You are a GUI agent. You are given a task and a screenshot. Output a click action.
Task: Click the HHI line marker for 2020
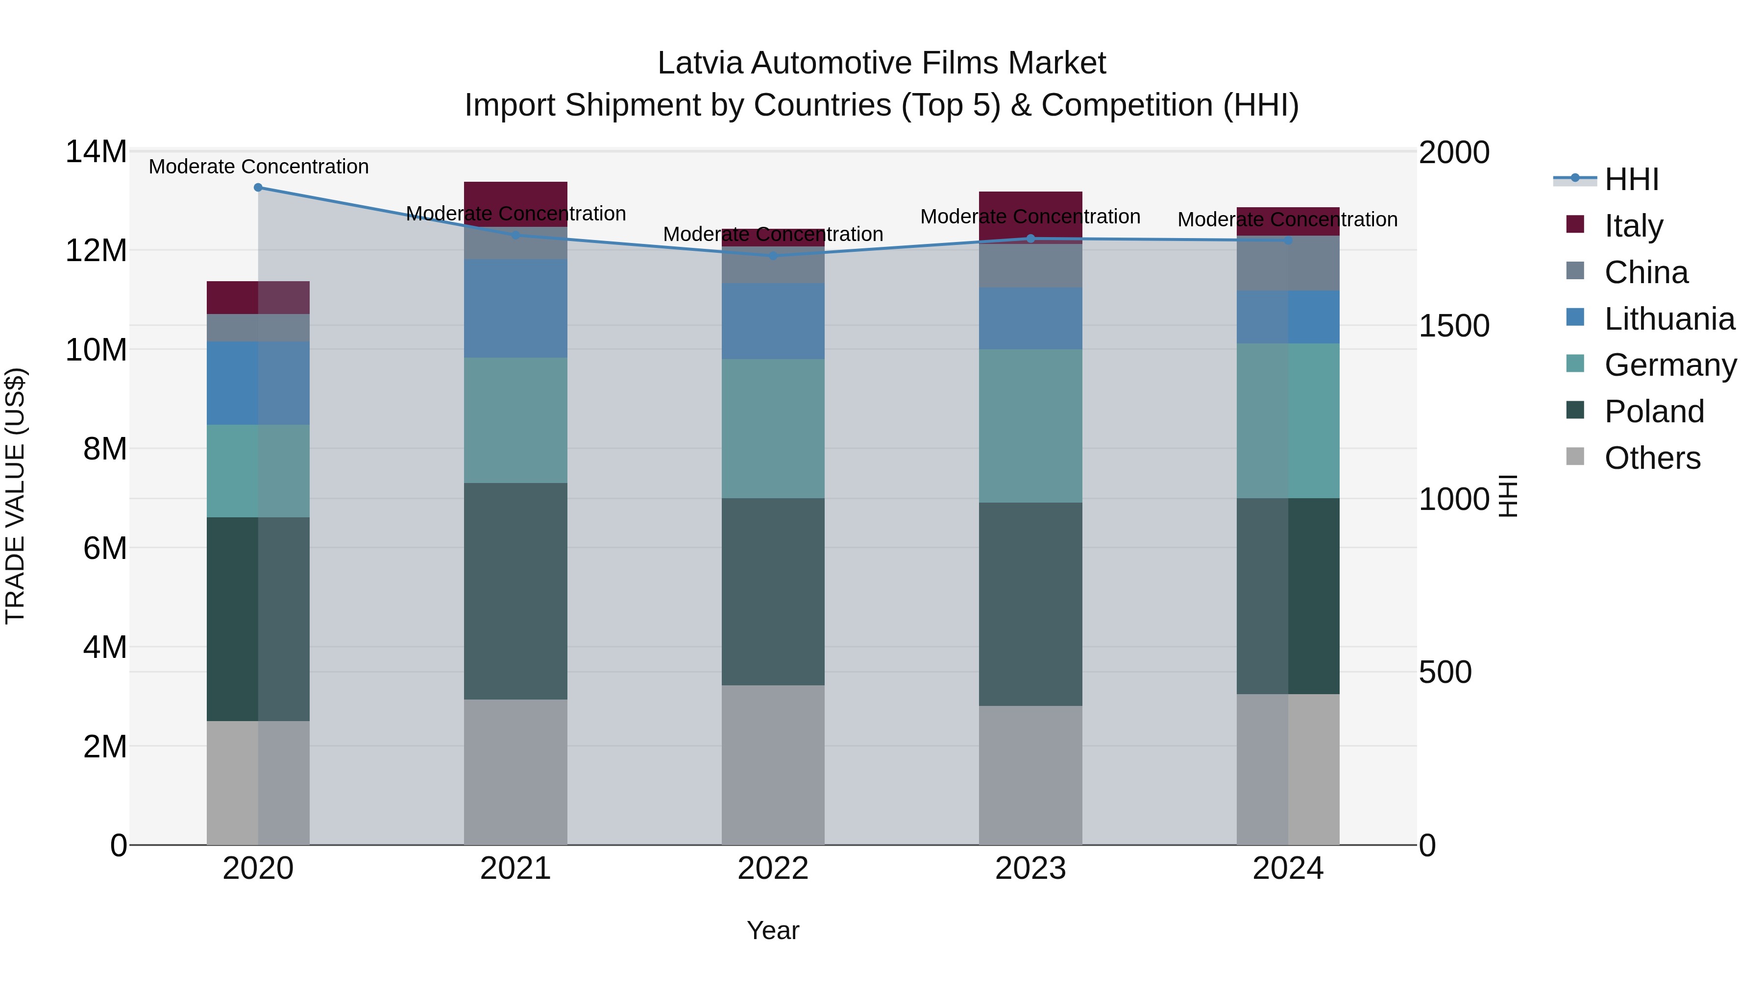point(258,188)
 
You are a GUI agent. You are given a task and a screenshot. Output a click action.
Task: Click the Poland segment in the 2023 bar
point(1030,604)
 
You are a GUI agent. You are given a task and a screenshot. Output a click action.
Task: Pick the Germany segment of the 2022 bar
point(773,429)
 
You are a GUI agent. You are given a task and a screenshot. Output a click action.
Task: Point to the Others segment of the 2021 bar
point(515,772)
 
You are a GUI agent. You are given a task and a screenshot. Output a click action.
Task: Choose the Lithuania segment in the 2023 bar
point(1030,318)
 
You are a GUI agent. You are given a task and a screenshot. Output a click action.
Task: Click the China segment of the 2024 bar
point(1288,263)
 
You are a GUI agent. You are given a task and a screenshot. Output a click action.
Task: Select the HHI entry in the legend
point(1630,179)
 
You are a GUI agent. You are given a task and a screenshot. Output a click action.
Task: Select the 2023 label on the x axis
point(1030,869)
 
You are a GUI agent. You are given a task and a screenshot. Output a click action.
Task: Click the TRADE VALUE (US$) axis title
point(15,496)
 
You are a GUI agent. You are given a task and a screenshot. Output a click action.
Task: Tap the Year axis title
point(773,930)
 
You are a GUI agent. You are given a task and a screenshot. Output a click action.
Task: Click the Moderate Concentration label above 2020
point(258,167)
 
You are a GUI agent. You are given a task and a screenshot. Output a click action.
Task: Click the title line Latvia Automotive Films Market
point(882,63)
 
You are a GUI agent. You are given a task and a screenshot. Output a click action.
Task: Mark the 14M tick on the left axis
point(96,151)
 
